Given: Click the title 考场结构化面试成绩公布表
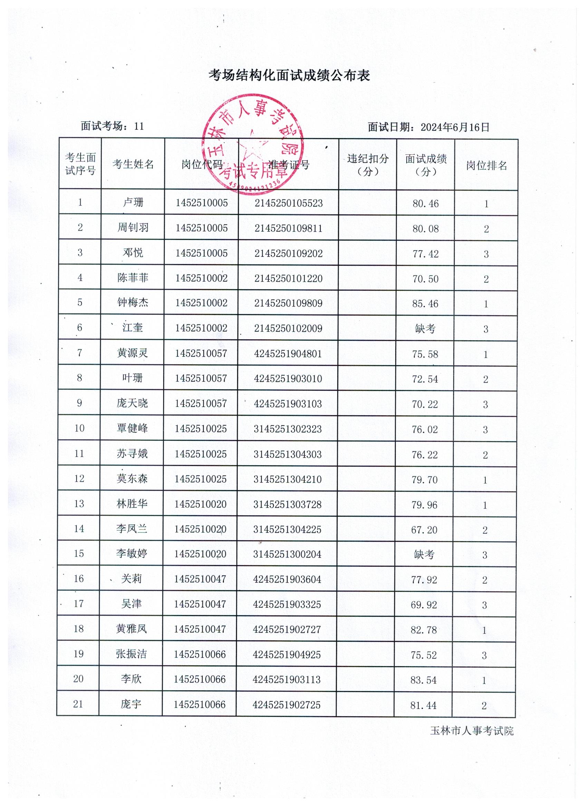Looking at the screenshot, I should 289,76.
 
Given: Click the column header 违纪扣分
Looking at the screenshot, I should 368,165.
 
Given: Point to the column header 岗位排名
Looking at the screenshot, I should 486,165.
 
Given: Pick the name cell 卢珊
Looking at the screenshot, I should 133,203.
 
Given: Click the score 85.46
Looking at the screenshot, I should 425,304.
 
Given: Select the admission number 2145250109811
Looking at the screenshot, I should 288,229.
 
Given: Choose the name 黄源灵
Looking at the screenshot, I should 133,353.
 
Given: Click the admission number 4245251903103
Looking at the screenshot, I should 288,404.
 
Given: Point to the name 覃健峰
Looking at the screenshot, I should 132,428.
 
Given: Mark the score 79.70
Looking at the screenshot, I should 425,480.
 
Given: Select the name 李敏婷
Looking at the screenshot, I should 132,554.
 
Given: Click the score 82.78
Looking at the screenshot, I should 424,630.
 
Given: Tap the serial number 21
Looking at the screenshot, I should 78,704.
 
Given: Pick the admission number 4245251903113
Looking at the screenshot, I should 287,680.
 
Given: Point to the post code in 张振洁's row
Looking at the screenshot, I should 200,654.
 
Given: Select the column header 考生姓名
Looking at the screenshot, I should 133,164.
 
